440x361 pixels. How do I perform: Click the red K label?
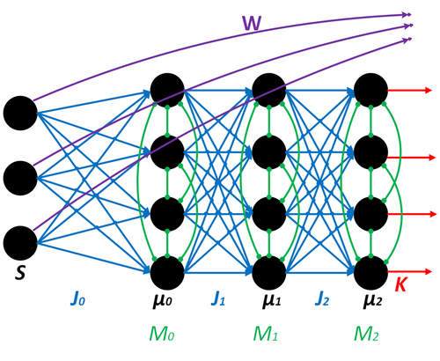tap(400, 285)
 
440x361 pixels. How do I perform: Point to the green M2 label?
tap(370, 337)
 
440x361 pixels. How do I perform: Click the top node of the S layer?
tap(20, 112)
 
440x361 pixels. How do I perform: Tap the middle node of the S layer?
tap(20, 176)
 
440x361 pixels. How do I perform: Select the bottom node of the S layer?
tap(20, 240)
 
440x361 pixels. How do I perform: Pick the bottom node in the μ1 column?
tap(269, 271)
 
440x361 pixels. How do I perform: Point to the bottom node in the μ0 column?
tap(167, 271)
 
